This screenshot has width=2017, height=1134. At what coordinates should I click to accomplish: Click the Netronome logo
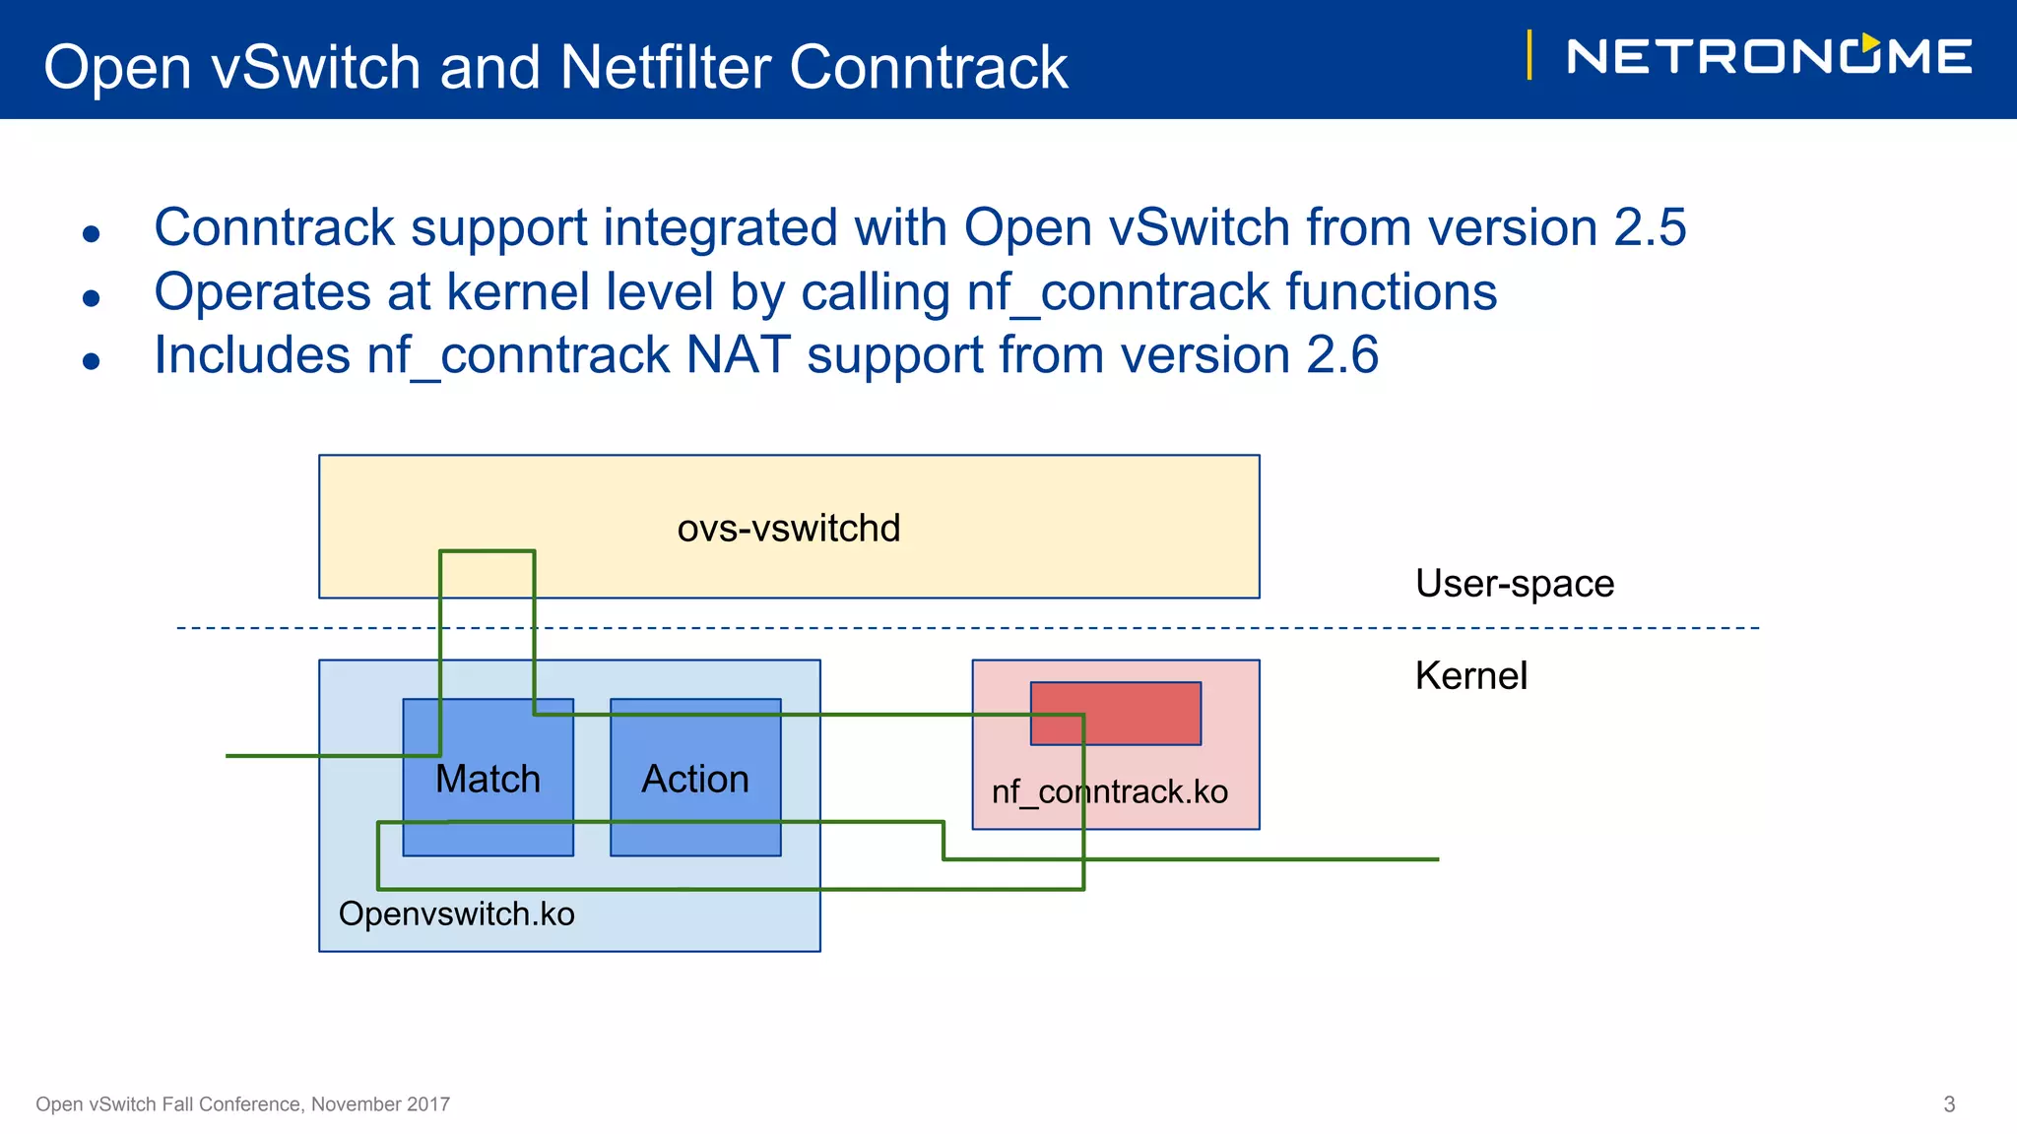pos(1769,56)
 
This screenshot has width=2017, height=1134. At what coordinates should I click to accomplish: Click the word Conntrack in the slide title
pos(928,68)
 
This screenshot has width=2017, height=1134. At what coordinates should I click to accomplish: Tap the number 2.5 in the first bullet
pos(1650,227)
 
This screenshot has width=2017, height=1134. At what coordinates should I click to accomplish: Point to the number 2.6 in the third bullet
pos(1341,355)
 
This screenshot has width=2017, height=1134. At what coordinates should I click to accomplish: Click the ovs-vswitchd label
pos(788,529)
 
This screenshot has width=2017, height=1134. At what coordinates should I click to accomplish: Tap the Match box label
pos(488,779)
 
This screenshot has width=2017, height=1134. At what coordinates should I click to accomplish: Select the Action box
pos(695,778)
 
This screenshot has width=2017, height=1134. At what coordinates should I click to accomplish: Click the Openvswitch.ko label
pos(456,913)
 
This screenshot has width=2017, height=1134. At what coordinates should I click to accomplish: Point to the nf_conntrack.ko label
pos(1109,791)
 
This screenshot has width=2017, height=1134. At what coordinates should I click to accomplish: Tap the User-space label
pos(1514,584)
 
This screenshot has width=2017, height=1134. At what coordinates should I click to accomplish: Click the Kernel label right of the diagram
pos(1470,676)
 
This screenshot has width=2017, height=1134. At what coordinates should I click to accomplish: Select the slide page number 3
pos(1948,1104)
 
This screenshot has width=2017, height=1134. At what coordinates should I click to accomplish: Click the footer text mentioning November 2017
pos(242,1104)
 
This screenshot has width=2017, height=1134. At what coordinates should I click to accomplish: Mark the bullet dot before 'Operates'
pos(92,297)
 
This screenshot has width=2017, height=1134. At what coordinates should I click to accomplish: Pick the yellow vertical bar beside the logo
pos(1529,55)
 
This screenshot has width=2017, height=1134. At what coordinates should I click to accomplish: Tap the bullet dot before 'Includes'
pos(92,361)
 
